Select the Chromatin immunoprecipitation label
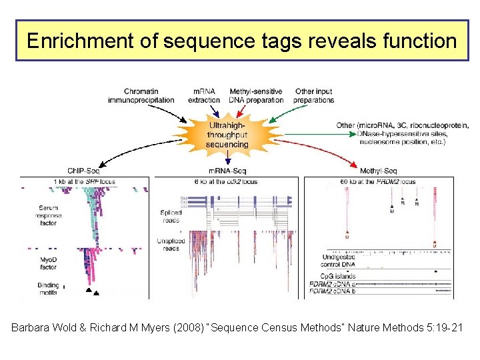click(141, 96)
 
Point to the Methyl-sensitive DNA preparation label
click(256, 96)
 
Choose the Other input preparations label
click(314, 96)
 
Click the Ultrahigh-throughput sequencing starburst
click(227, 134)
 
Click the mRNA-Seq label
click(228, 171)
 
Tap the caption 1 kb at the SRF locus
click(85, 181)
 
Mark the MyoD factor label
click(48, 262)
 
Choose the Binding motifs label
click(48, 289)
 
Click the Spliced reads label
click(171, 217)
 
